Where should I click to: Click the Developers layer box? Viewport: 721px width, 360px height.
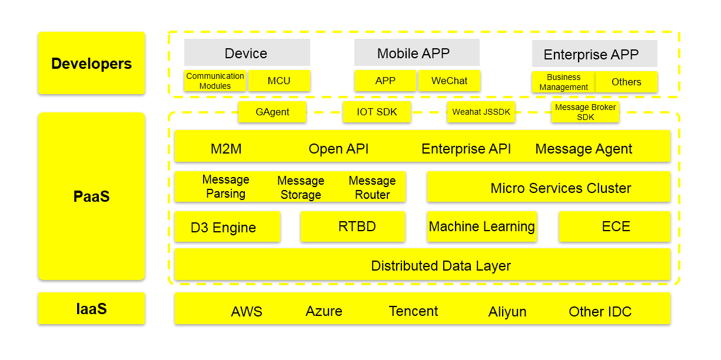(x=91, y=63)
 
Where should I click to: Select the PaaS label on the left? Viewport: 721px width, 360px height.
(x=91, y=196)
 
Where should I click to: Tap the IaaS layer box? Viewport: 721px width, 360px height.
(x=91, y=308)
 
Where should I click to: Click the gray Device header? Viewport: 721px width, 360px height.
(x=247, y=53)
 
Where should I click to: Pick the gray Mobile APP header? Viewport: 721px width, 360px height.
(x=417, y=53)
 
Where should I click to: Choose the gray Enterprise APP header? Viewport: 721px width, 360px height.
(x=594, y=54)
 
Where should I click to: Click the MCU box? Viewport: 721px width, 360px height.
(x=279, y=81)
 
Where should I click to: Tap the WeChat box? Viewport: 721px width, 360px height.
(x=449, y=81)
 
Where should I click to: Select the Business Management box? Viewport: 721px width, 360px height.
(x=563, y=82)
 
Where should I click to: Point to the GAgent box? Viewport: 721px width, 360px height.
(x=272, y=112)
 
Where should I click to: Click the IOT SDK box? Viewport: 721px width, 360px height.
(x=377, y=112)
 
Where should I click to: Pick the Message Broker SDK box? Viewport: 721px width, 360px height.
(x=585, y=112)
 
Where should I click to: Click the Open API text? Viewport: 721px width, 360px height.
(x=338, y=149)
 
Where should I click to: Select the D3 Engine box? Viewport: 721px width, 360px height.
(x=227, y=227)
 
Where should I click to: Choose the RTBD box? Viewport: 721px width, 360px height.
(x=353, y=226)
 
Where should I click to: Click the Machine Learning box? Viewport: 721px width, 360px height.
(x=481, y=226)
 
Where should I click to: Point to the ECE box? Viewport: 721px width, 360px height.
(x=614, y=226)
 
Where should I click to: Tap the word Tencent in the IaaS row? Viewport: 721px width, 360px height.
(x=413, y=311)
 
